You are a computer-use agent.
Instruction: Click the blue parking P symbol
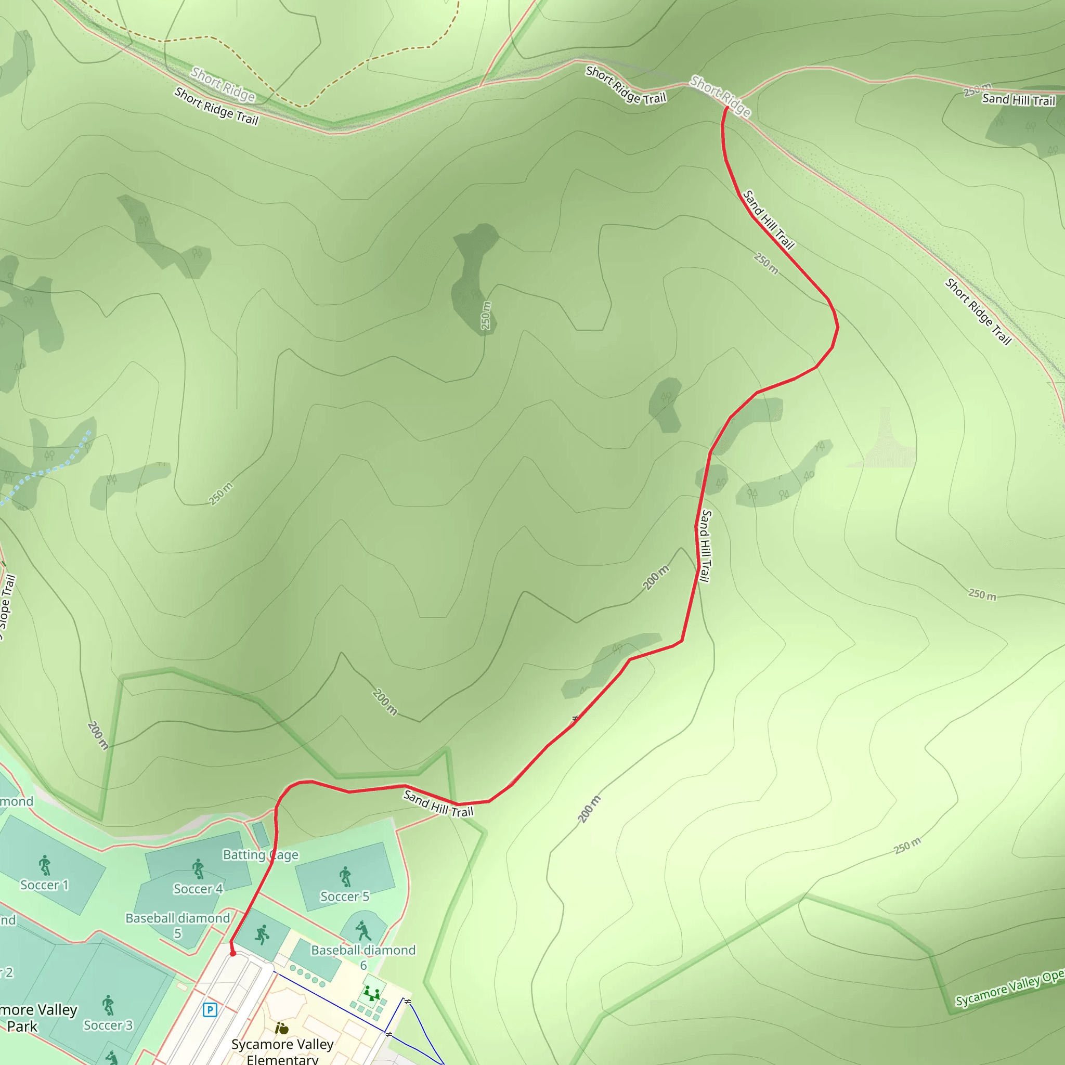click(x=210, y=1009)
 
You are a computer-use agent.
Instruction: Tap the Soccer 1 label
click(x=45, y=885)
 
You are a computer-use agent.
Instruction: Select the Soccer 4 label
click(x=198, y=889)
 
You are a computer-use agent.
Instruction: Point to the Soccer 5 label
click(x=345, y=897)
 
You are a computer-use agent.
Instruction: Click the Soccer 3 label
click(x=108, y=1025)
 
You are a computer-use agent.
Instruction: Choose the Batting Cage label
click(x=260, y=854)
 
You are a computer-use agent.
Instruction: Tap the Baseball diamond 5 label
click(x=177, y=926)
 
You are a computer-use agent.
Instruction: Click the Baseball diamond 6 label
click(x=363, y=957)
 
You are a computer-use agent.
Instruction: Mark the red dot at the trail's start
click(x=232, y=953)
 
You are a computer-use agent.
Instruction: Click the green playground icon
click(x=373, y=993)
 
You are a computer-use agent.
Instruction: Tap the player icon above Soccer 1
click(x=45, y=865)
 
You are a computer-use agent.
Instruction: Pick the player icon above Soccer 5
click(x=345, y=876)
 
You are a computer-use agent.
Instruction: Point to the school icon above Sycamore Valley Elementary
click(x=282, y=1028)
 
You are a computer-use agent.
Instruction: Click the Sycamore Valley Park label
click(x=33, y=1018)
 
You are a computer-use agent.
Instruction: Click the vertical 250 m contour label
click(x=486, y=315)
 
